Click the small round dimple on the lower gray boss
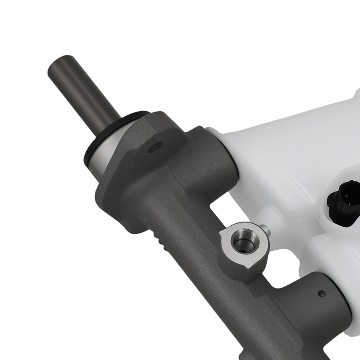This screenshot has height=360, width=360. (x=321, y=293)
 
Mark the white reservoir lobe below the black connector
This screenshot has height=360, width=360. (x=331, y=259)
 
